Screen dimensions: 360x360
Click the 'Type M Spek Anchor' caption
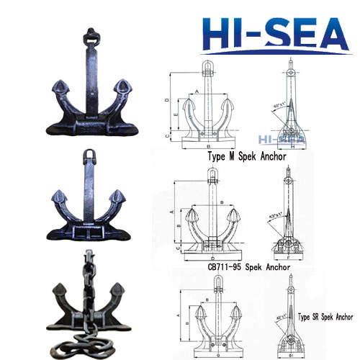tap(247, 156)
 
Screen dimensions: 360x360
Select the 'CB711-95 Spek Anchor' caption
tap(249, 266)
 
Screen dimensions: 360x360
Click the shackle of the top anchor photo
tap(91, 36)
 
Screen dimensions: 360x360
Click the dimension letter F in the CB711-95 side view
tap(289, 256)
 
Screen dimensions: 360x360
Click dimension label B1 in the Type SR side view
tap(290, 354)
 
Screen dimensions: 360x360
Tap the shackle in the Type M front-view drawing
tap(209, 72)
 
